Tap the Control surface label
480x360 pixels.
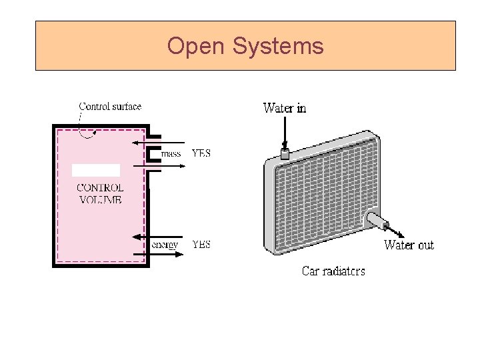pyautogui.click(x=110, y=106)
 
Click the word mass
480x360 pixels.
pyautogui.click(x=171, y=153)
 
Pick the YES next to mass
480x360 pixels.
pyautogui.click(x=201, y=153)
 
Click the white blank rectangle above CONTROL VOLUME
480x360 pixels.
pyautogui.click(x=96, y=170)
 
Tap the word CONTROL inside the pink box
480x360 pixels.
pyautogui.click(x=100, y=187)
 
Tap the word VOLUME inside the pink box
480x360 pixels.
pyautogui.click(x=100, y=199)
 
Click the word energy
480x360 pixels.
pyautogui.click(x=165, y=245)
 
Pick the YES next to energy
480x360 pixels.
pyautogui.click(x=201, y=245)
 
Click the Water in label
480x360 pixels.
pyautogui.click(x=285, y=108)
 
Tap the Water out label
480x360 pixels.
pyautogui.click(x=409, y=245)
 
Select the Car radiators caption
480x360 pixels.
pyautogui.click(x=333, y=271)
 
